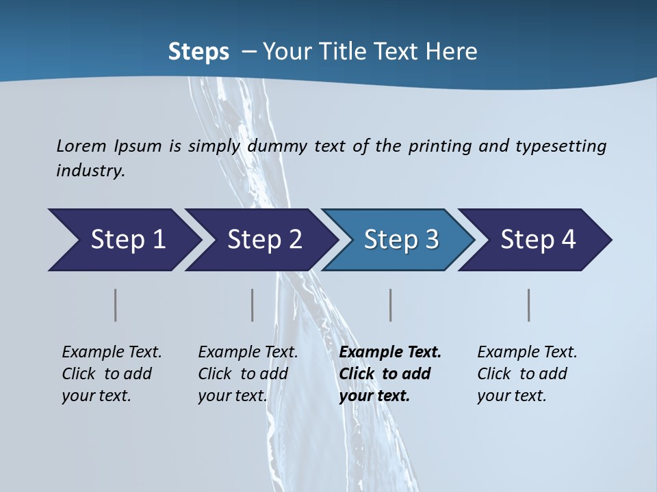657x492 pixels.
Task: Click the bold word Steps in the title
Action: pos(198,52)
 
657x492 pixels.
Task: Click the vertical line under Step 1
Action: pos(116,305)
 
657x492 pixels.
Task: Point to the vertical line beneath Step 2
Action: pos(253,305)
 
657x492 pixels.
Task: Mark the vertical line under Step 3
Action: pos(391,305)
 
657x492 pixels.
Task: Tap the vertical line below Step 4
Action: pos(529,305)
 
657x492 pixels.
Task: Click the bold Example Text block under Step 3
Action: pos(390,374)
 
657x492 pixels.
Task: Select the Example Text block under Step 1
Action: pos(112,374)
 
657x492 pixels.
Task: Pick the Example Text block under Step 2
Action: pos(248,374)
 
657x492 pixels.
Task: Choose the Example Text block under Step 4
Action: pos(527,374)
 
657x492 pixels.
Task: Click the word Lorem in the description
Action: pos(81,146)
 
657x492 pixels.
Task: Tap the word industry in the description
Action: pos(90,170)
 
